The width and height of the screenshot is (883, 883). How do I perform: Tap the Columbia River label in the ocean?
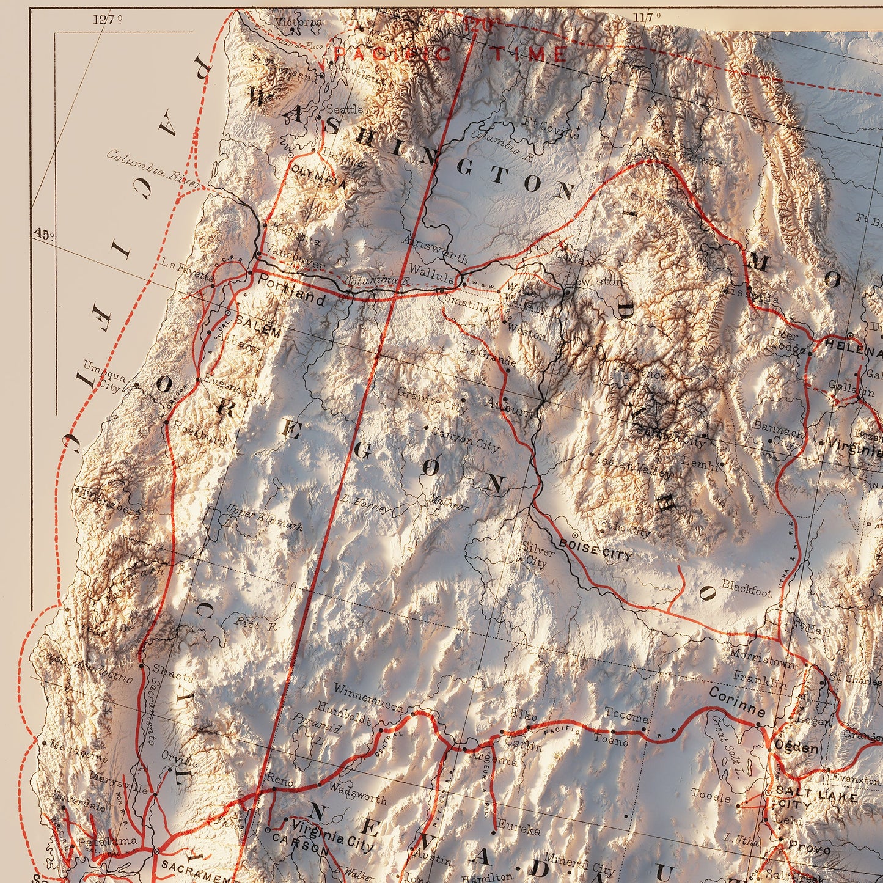pos(153,164)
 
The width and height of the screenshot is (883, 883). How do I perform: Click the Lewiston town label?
pos(593,282)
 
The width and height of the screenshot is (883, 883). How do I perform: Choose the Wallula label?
pos(431,269)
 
